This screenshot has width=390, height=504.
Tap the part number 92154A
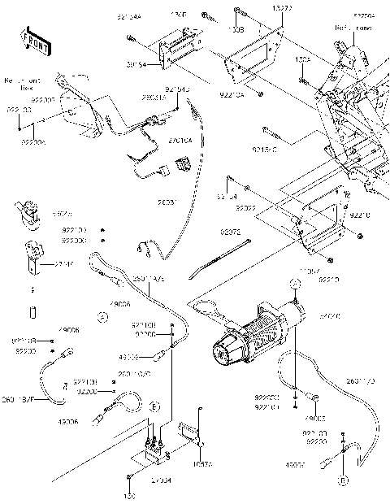128,16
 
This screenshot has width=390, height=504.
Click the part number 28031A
154,98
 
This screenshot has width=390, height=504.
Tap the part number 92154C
264,150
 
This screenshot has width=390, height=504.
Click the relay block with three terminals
155,443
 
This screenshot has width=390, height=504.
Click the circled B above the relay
153,406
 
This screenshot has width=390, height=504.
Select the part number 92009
246,208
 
